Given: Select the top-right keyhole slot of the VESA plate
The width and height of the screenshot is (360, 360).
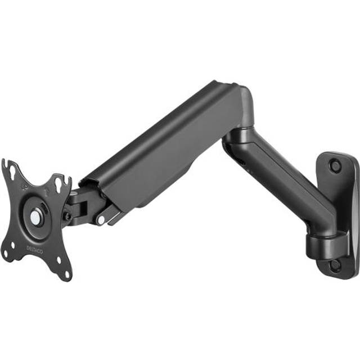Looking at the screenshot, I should click(61, 182).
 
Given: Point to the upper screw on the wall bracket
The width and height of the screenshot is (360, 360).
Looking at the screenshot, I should click(335, 166).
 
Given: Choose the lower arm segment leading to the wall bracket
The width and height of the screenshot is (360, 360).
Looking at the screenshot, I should click(281, 180).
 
